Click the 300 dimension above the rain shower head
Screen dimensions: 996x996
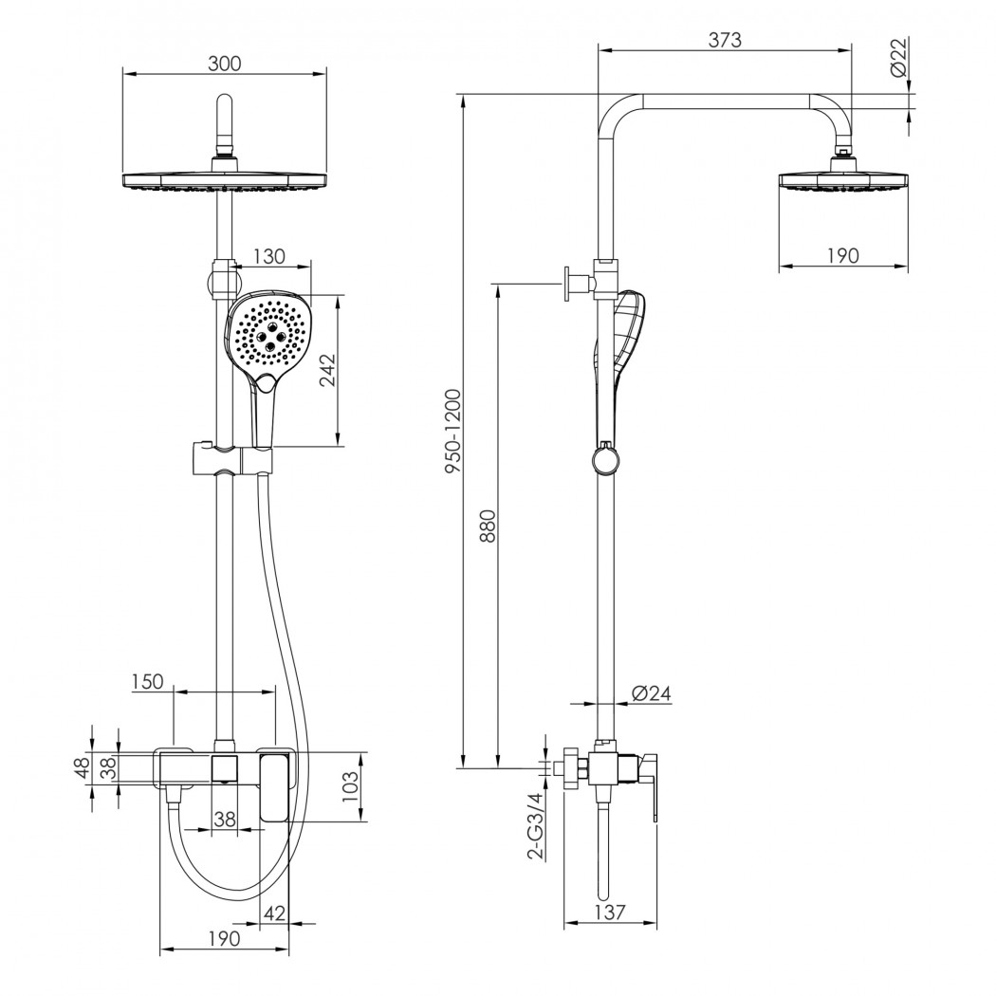pos(225,65)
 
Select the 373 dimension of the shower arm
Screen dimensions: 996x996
pos(725,40)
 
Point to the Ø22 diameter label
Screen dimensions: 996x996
pos(898,57)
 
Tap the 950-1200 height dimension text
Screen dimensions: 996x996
pos(452,432)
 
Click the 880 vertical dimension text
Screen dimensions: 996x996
pos(488,526)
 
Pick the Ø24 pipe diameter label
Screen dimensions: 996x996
pos(652,693)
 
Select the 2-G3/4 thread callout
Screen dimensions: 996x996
pos(537,826)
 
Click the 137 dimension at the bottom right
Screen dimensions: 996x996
pos(610,913)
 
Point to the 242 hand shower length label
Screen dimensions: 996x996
pos(327,370)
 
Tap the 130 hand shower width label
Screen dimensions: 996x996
pos(269,257)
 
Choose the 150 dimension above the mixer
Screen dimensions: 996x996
pos(147,682)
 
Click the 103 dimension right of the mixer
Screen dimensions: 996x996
pos(350,786)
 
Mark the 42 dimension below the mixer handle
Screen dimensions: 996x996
pos(274,913)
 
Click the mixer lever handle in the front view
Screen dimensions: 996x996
pos(274,786)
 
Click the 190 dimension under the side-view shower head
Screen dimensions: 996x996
pos(843,255)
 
